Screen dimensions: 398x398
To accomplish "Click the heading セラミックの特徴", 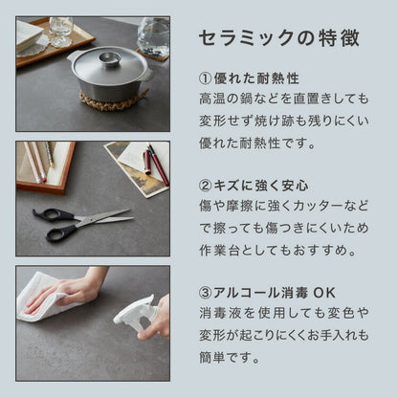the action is click(x=279, y=38).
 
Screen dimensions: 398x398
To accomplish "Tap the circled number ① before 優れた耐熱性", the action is click(x=205, y=78).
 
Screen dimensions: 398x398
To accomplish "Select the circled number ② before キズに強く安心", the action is click(x=205, y=186).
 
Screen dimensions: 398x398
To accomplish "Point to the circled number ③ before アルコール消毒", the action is click(x=205, y=293).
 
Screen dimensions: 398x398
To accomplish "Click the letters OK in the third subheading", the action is click(x=324, y=293).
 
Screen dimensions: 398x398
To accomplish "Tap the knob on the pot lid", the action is click(x=109, y=59).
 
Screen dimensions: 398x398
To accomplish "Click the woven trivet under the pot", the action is click(x=113, y=99).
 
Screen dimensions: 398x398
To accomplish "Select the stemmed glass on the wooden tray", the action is click(x=61, y=32).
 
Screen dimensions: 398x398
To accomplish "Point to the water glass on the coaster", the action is click(x=154, y=36).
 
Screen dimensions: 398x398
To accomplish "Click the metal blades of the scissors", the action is click(x=105, y=217).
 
